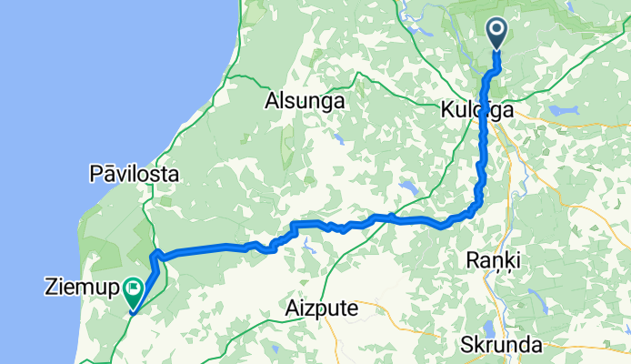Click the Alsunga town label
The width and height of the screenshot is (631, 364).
point(305,101)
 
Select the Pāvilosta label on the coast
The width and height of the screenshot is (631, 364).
point(134,173)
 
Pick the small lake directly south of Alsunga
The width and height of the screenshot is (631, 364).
point(337,139)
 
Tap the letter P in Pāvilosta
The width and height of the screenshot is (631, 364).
point(95,173)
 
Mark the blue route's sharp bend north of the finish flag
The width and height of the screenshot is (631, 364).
point(155,252)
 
